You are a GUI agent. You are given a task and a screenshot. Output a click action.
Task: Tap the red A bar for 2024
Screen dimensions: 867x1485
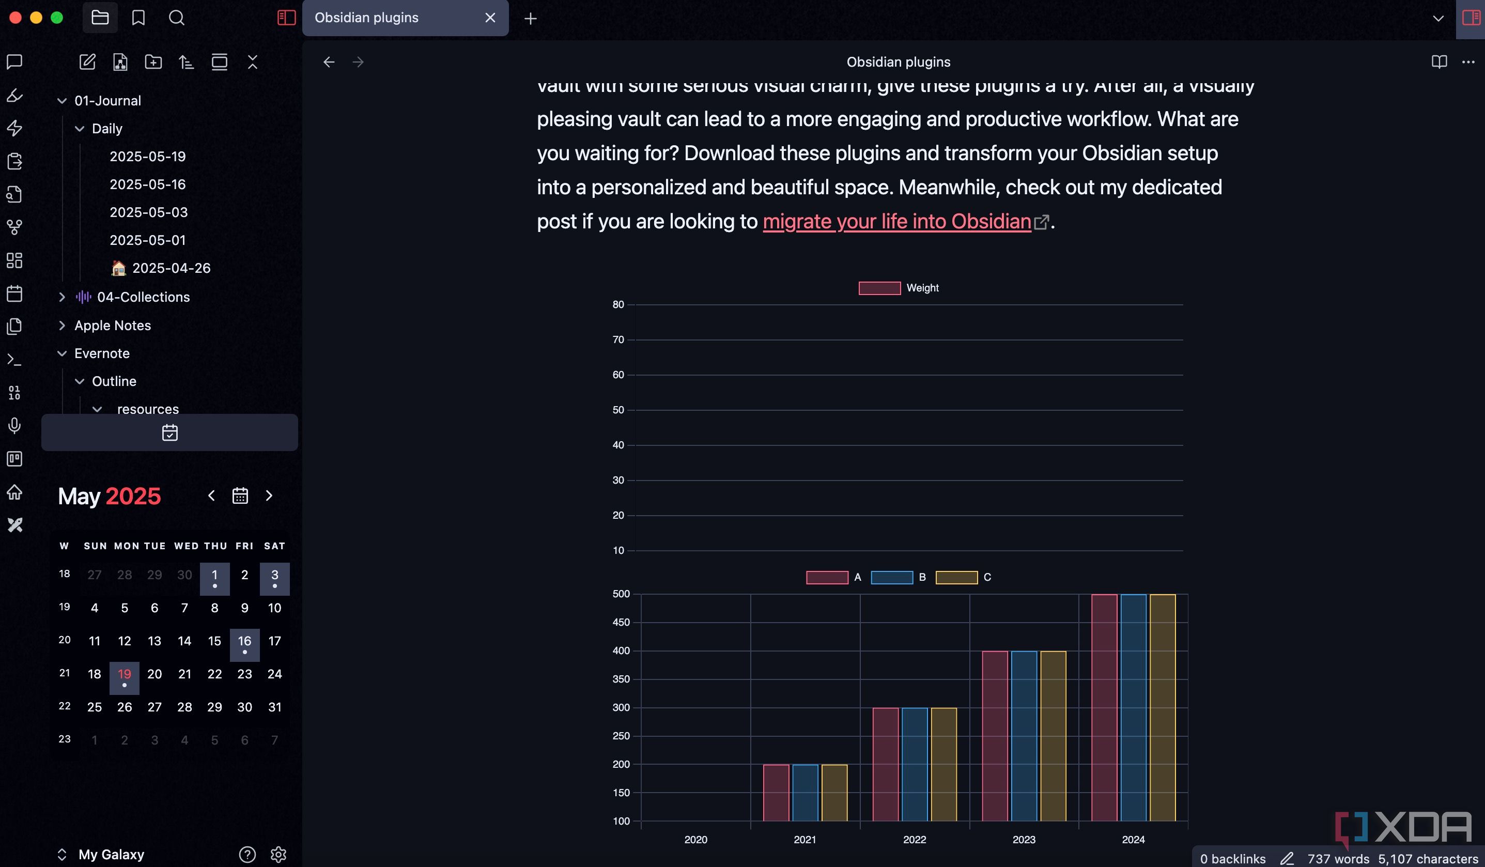(x=1104, y=707)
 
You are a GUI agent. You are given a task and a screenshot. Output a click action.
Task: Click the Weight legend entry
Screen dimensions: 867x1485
(x=899, y=288)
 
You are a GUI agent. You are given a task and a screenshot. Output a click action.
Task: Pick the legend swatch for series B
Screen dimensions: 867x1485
(x=892, y=578)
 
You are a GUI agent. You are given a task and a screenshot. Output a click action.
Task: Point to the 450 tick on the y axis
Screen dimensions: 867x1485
(x=621, y=623)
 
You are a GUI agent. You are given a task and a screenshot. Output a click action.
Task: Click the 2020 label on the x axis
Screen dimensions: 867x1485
(x=695, y=839)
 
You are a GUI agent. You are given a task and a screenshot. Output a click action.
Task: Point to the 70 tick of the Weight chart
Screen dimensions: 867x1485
(x=617, y=339)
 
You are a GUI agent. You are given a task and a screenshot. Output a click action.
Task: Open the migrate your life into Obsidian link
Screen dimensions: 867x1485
(x=896, y=222)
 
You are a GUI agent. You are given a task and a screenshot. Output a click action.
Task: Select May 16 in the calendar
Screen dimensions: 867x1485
(x=244, y=641)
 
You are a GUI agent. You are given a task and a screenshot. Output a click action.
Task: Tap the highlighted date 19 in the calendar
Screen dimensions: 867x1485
(x=125, y=674)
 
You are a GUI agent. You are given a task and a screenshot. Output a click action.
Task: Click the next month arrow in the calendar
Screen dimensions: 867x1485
(x=269, y=496)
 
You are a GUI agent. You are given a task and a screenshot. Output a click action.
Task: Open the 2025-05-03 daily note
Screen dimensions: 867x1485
(x=148, y=212)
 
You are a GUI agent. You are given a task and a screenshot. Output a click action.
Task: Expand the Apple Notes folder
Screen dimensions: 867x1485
(x=113, y=326)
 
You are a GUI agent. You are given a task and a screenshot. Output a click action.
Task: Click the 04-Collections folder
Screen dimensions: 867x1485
(x=143, y=297)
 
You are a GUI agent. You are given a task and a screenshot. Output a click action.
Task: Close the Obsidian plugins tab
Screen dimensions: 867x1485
(x=490, y=18)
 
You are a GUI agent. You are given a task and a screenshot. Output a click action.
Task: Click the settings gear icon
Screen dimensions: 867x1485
(x=278, y=854)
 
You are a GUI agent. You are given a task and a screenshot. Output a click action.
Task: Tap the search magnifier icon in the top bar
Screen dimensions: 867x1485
(x=176, y=18)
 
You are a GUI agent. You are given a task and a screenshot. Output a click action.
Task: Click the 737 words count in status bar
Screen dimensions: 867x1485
(x=1338, y=859)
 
